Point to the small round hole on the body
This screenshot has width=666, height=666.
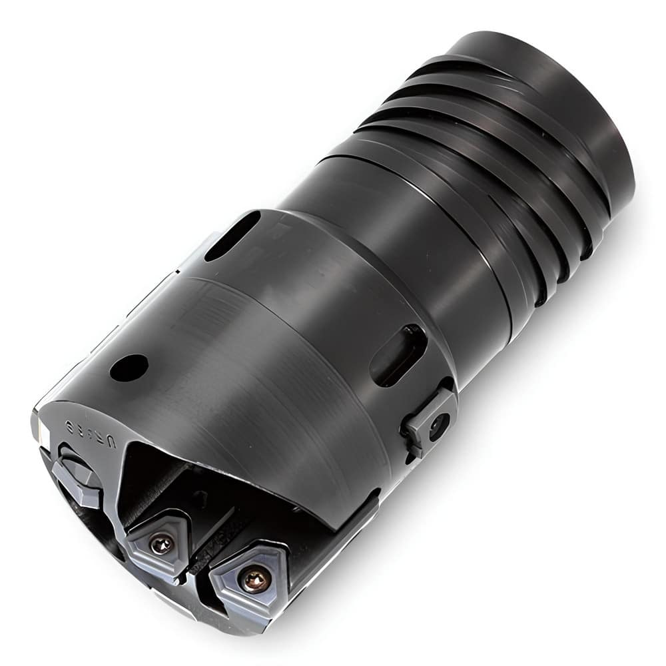pyautogui.click(x=129, y=368)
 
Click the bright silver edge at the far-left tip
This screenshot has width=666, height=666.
pyautogui.click(x=36, y=426)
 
